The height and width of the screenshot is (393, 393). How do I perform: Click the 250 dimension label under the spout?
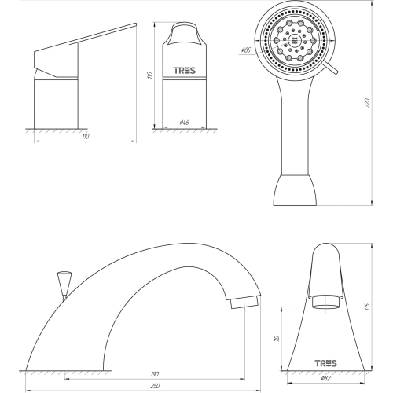point(156,385)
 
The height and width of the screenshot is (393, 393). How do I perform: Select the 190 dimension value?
point(155,374)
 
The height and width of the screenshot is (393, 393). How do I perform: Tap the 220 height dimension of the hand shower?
point(367,103)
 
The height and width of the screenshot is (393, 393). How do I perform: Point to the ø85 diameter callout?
point(246,50)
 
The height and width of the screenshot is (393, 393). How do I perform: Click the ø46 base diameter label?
point(184,123)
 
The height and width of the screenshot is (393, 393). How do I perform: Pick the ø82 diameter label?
point(325,378)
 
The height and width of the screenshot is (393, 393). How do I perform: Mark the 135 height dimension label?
point(367,307)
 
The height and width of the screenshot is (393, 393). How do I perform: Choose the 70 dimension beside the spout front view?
point(277,338)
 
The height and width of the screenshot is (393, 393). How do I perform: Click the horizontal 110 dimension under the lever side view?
point(86,137)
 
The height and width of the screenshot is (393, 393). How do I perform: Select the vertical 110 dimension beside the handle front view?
point(150,75)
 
